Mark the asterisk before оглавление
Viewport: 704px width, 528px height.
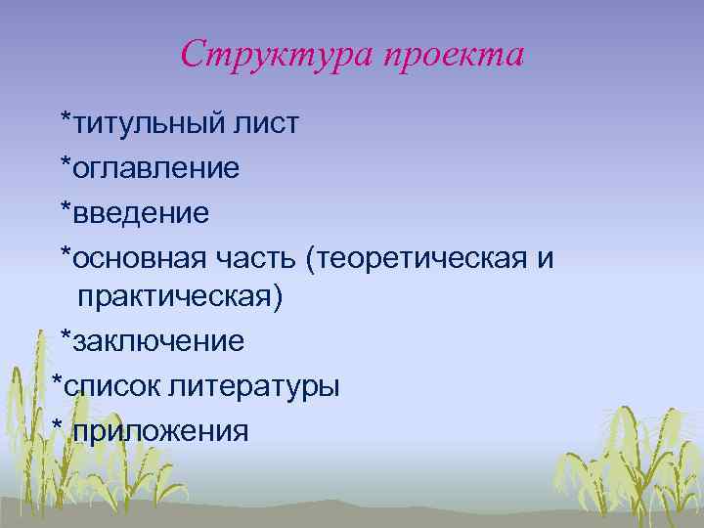tap(66, 162)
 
